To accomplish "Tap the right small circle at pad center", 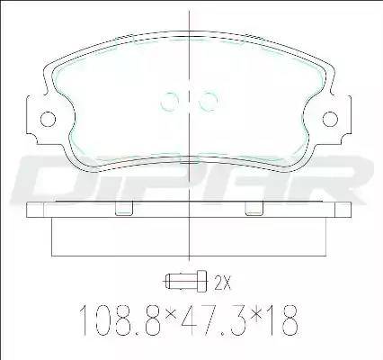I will point(209,100).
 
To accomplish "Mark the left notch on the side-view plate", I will point(126,211).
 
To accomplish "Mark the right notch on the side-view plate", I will point(254,211).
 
